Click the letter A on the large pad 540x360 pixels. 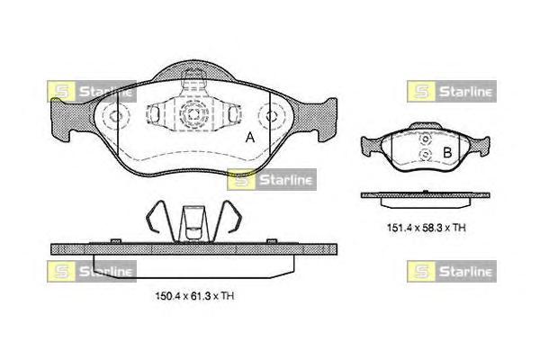[250, 138]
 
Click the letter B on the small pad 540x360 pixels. [447, 153]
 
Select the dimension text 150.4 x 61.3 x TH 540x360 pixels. [195, 296]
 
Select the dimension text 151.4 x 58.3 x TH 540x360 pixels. [427, 228]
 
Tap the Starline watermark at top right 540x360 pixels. [452, 91]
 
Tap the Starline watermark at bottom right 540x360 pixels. [452, 272]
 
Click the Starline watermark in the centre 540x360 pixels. [272, 179]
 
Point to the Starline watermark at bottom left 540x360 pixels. [92, 272]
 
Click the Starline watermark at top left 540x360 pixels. [92, 91]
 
